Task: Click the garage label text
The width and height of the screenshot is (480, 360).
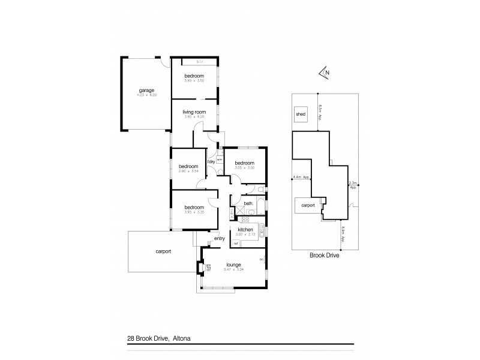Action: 145,90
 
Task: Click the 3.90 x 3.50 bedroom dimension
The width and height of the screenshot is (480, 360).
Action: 194,80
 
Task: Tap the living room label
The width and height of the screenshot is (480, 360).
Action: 194,112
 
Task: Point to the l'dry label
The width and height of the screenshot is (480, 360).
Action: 211,161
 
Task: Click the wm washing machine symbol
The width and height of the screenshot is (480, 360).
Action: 219,159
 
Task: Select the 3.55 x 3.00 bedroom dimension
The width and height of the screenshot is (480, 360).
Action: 244,168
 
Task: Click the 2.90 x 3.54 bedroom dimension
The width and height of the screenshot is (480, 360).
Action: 188,172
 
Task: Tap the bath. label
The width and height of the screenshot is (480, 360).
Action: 248,203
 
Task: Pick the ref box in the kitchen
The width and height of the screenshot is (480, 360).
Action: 236,243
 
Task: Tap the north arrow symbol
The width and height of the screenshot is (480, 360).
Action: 325,73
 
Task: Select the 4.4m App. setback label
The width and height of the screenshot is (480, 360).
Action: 301,178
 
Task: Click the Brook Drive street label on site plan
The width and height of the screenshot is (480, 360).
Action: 325,254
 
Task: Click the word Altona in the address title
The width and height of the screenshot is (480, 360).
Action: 181,338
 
